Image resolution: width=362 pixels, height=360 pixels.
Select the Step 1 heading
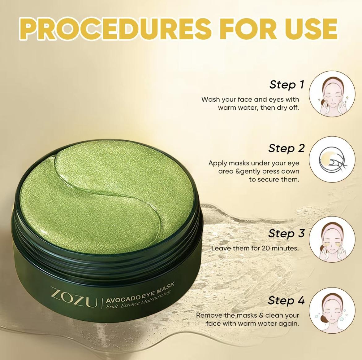click(287, 84)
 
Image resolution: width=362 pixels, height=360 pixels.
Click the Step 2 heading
click(287, 148)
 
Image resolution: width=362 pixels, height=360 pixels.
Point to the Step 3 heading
click(287, 233)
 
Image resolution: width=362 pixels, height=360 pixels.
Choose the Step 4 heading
click(287, 300)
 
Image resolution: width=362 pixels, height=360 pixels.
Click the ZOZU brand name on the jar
click(73, 299)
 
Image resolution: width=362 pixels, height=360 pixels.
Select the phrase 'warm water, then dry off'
click(258, 108)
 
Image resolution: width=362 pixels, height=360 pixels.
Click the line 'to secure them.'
click(274, 179)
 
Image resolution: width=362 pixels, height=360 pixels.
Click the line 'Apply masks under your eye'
click(254, 163)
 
